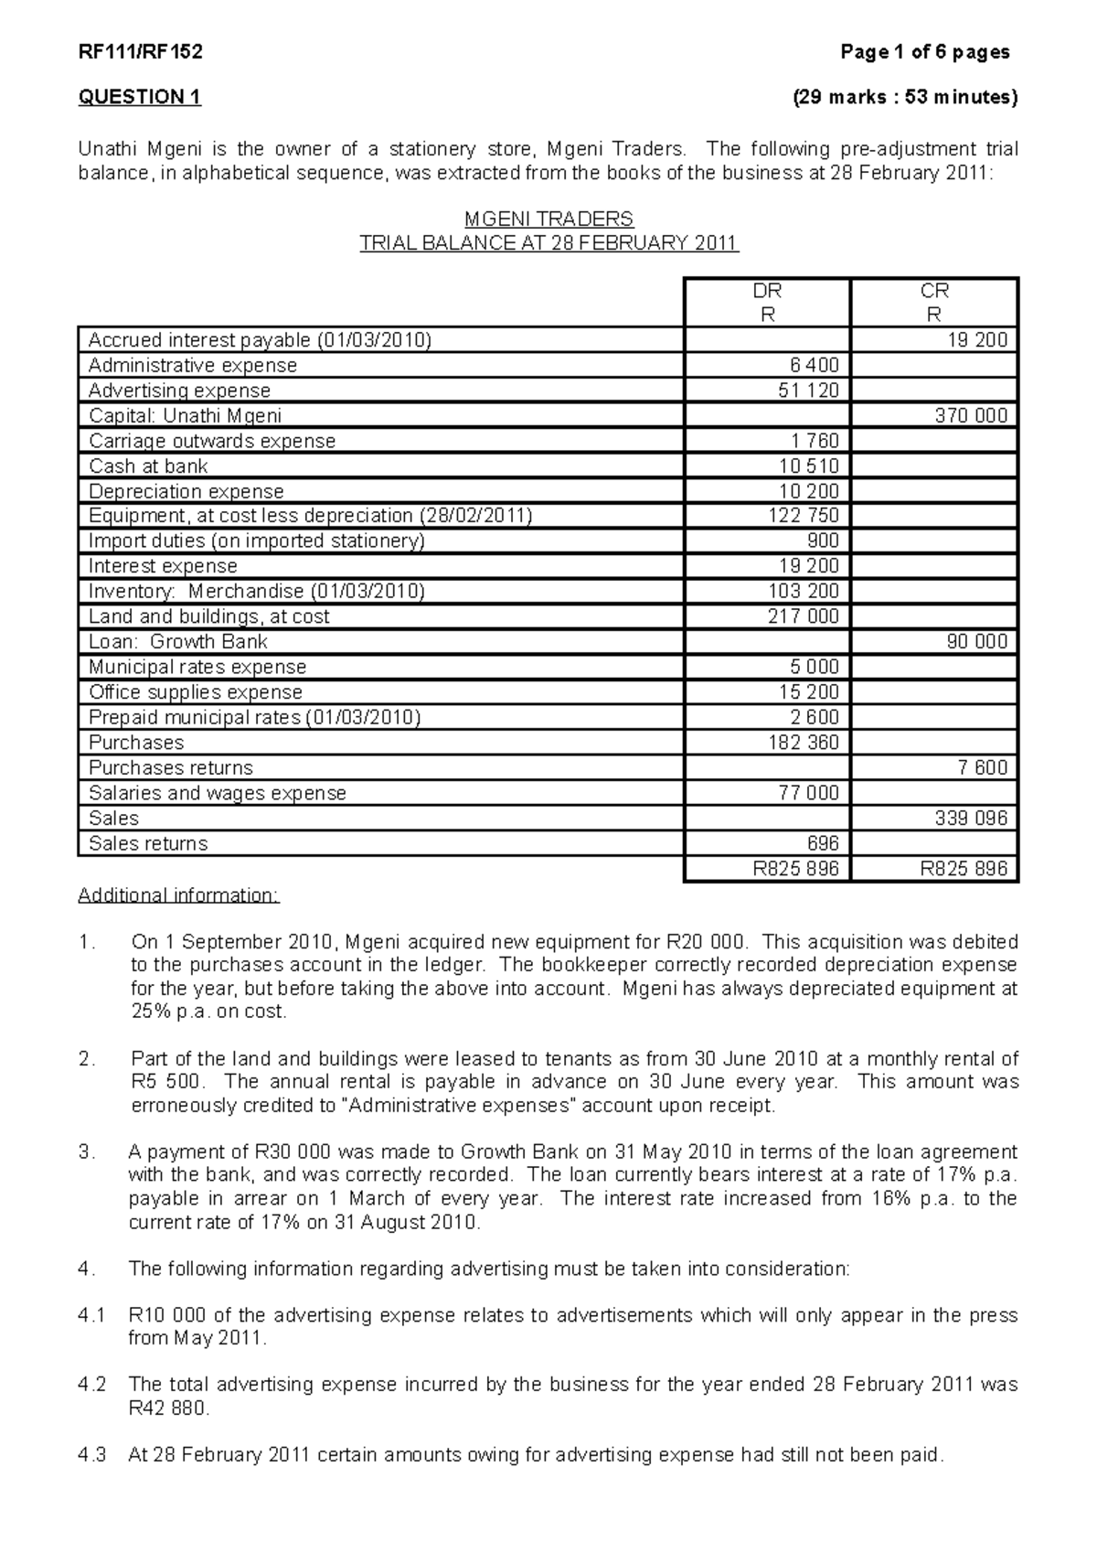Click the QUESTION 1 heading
tap(139, 98)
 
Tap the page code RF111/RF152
tap(140, 52)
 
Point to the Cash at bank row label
tap(148, 466)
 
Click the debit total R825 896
tap(795, 869)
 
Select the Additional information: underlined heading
tap(178, 894)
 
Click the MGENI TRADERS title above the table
tap(548, 220)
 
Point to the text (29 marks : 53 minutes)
tap(904, 98)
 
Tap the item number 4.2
tap(92, 1385)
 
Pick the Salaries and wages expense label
tap(217, 793)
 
